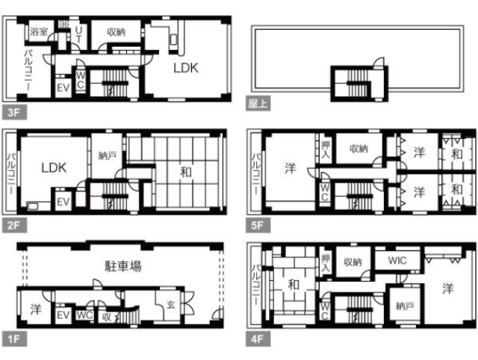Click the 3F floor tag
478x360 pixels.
point(14,112)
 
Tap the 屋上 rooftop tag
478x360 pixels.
point(258,103)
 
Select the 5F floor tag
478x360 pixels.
point(258,226)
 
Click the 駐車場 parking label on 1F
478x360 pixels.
point(123,266)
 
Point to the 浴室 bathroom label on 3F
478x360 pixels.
point(39,31)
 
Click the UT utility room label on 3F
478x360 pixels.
point(78,34)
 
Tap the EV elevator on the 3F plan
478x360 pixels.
point(63,88)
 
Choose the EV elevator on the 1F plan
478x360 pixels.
point(63,315)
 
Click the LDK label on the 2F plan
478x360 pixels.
point(54,167)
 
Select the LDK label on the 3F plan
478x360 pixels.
point(186,68)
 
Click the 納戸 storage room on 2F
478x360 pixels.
point(108,156)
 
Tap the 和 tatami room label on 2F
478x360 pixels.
point(186,173)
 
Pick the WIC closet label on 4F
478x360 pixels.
point(397,261)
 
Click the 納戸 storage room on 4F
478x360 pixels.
point(405,305)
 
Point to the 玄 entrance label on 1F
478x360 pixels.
point(171,304)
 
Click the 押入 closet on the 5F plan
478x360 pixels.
point(326,149)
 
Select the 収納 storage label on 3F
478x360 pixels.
point(117,31)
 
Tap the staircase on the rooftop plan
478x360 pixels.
point(358,83)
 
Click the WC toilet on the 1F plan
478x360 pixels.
point(84,315)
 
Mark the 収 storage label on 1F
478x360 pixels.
point(107,317)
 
